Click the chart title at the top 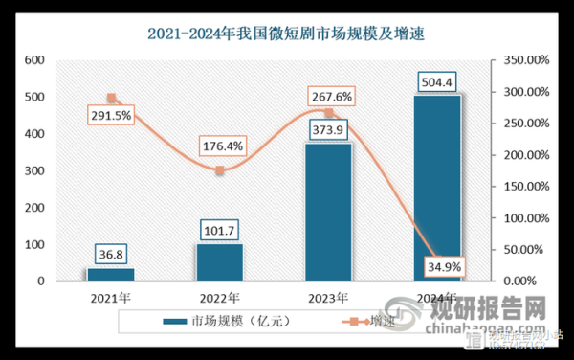(x=286, y=34)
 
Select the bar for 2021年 (x=111, y=274)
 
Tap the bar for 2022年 (x=220, y=262)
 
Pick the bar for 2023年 (x=328, y=213)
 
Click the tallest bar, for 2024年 (x=437, y=188)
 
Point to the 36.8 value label (x=111, y=254)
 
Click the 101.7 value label (x=220, y=230)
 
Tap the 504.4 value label (x=437, y=80)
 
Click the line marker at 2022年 (x=220, y=170)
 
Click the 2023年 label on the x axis (x=328, y=296)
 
